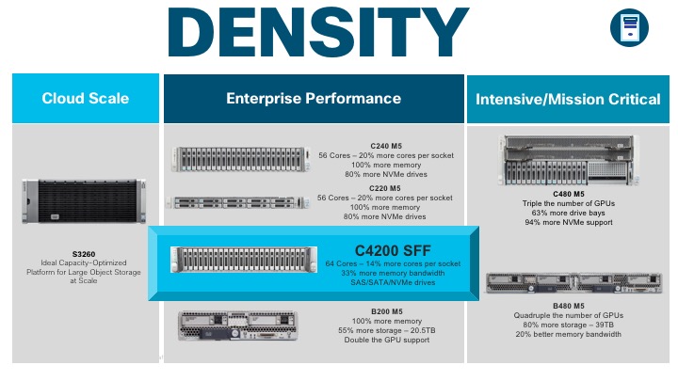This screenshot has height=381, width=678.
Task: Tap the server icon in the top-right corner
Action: (630, 27)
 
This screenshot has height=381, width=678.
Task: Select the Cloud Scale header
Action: (86, 99)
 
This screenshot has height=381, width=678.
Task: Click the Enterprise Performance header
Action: (314, 99)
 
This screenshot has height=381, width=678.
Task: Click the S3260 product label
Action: (86, 253)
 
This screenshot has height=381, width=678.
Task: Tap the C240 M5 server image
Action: (241, 160)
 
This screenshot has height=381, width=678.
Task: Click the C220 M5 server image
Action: (240, 200)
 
